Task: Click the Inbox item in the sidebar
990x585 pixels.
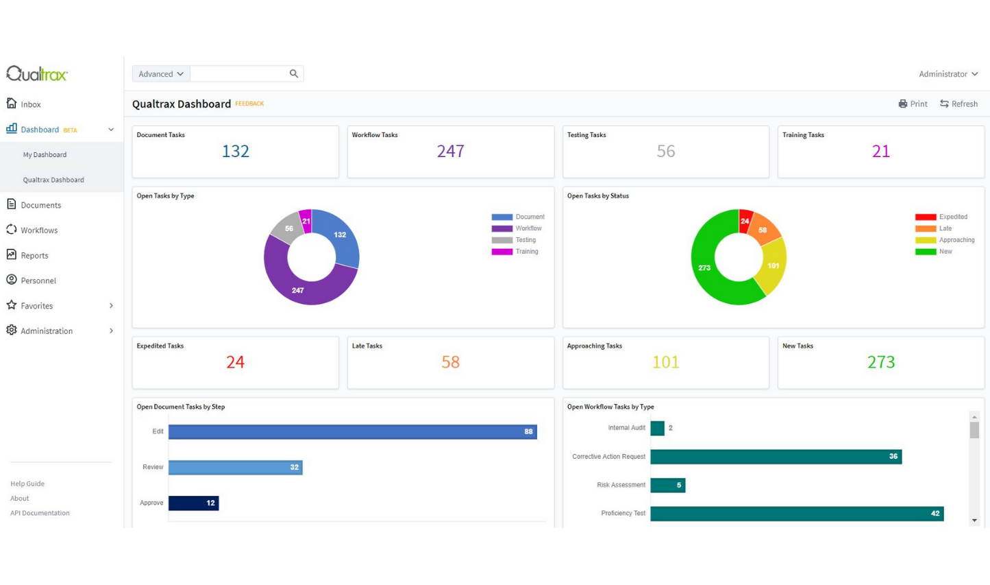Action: click(x=30, y=104)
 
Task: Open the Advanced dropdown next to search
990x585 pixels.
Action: click(x=161, y=74)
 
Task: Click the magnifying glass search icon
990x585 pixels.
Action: click(x=294, y=74)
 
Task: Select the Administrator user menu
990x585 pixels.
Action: click(x=948, y=74)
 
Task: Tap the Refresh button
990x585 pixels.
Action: click(x=958, y=104)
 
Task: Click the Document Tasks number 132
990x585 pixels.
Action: click(x=235, y=152)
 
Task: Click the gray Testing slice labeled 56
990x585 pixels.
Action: click(x=288, y=229)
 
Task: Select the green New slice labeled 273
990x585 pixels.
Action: click(x=705, y=267)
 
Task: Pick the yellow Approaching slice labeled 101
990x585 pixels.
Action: click(x=773, y=266)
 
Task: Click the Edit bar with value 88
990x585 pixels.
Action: click(x=352, y=431)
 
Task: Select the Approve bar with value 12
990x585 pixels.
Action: click(x=193, y=503)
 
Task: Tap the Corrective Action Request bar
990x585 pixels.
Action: click(x=776, y=457)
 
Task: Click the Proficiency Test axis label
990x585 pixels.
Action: click(x=623, y=513)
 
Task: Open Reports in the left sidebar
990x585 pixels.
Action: click(x=34, y=256)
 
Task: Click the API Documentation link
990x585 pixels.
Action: click(x=40, y=513)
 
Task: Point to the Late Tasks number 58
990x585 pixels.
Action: click(x=450, y=362)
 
